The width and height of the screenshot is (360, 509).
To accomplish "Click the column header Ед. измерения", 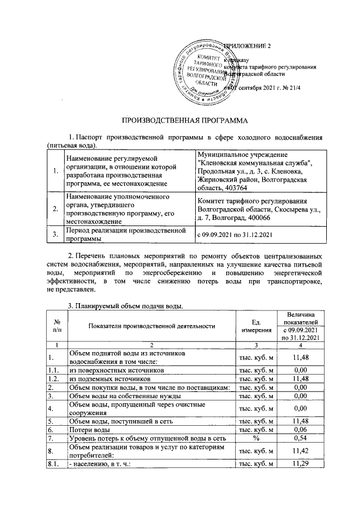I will point(256,326).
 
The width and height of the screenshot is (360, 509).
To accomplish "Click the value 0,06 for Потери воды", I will point(302,429).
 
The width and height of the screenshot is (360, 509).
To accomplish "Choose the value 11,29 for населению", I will point(302,463).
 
